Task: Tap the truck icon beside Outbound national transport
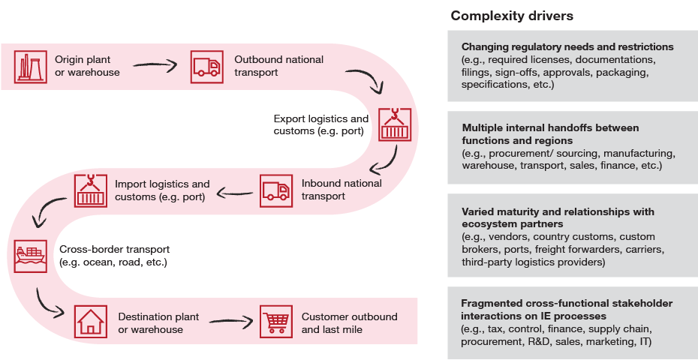pos(206,65)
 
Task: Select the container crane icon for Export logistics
pos(395,124)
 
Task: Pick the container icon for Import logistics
pos(89,190)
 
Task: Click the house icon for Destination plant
pos(89,322)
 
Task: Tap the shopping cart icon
pos(275,322)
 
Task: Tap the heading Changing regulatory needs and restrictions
pos(567,46)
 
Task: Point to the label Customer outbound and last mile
pos(349,322)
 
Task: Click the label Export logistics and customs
pos(321,125)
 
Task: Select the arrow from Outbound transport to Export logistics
pos(369,82)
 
